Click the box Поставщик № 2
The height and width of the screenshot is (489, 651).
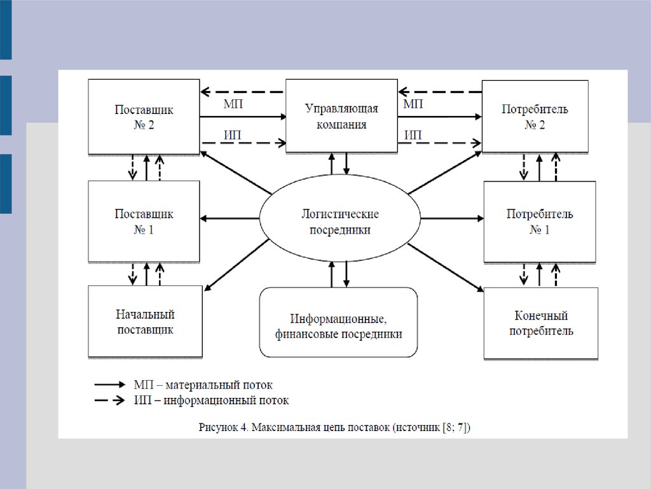[x=144, y=117]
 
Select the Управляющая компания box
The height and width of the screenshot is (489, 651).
[x=342, y=117]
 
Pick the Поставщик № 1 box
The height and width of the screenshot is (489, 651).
[x=144, y=221]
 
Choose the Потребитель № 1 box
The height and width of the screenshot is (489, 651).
[x=540, y=221]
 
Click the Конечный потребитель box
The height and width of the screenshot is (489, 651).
[x=540, y=323]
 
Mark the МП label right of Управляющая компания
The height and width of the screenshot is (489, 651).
[x=414, y=104]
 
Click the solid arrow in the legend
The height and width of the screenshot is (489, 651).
[x=110, y=385]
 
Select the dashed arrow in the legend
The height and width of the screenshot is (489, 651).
[x=110, y=400]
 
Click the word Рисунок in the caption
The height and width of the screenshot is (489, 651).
[x=217, y=427]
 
